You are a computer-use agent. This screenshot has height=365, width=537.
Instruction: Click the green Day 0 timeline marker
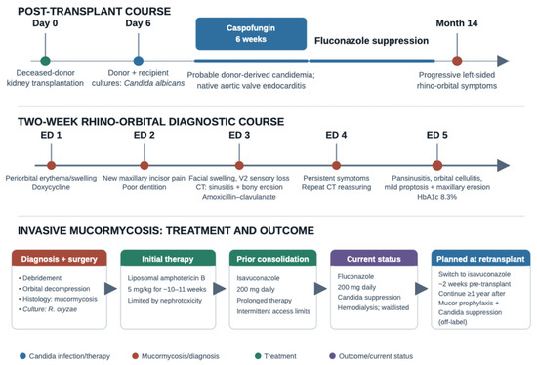[45, 61]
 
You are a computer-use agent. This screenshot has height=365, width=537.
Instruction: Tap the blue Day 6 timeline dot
[138, 61]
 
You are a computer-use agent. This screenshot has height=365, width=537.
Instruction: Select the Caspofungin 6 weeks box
[251, 33]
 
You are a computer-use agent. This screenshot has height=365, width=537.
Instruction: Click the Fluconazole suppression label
[371, 41]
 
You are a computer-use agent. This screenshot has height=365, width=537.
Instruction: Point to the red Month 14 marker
[457, 61]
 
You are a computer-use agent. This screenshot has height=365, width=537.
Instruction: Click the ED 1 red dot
[52, 165]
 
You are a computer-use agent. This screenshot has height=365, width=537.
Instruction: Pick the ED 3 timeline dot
[239, 165]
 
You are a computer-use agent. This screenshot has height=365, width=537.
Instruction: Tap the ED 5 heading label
[437, 135]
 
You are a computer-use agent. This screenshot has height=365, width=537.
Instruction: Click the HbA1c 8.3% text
[436, 197]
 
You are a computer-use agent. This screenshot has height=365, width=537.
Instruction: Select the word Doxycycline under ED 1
[51, 187]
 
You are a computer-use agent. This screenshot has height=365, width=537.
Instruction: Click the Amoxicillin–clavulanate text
[238, 197]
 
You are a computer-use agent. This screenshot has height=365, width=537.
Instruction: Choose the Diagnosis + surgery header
[60, 259]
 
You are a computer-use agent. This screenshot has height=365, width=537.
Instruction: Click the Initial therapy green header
[168, 259]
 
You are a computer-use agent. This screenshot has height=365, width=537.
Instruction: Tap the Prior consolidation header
[272, 259]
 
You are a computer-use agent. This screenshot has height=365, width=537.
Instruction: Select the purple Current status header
[374, 259]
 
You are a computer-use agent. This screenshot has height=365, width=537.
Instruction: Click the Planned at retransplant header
[480, 259]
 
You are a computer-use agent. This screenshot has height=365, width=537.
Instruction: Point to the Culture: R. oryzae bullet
[48, 309]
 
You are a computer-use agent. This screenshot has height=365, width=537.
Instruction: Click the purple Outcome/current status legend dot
[332, 356]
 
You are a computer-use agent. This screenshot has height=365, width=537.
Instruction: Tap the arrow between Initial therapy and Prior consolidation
[219, 289]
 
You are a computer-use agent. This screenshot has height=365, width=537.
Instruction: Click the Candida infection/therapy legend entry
[65, 356]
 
